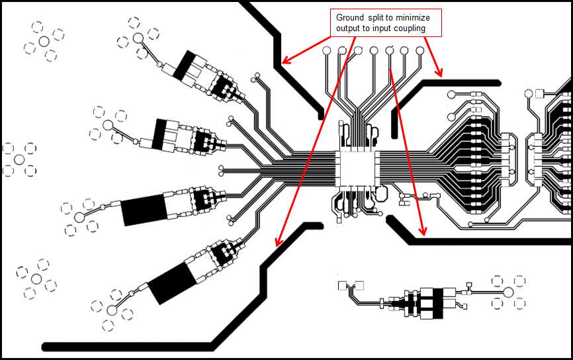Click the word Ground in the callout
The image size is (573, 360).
[350, 17]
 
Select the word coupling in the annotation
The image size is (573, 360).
[408, 28]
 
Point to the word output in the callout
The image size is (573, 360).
[348, 28]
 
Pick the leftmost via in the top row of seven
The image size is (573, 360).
[326, 50]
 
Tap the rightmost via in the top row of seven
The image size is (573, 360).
[420, 50]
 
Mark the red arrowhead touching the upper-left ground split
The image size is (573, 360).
[285, 62]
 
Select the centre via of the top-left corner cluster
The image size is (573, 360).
[44, 41]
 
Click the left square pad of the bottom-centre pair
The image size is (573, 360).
[342, 286]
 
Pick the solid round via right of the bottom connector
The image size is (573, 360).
[508, 292]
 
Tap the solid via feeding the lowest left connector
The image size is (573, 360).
[112, 308]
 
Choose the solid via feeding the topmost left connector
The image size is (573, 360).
[138, 38]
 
